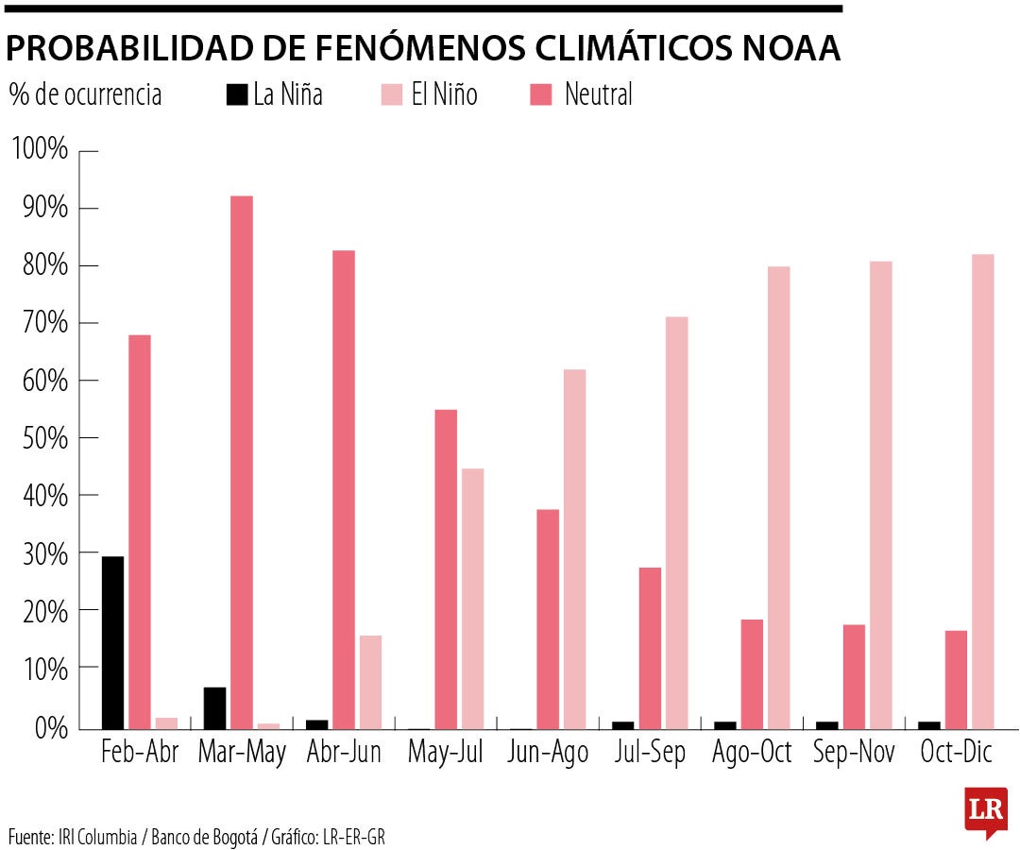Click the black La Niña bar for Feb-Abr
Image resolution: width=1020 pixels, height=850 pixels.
[x=112, y=642]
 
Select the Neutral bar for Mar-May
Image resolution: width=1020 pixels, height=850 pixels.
[x=242, y=463]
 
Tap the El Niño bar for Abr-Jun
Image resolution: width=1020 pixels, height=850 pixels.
[x=370, y=682]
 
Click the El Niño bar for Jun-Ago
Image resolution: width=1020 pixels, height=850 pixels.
[x=574, y=549]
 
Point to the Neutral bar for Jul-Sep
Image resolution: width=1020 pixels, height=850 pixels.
[x=650, y=648]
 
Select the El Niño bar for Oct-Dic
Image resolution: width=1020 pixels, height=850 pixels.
[x=982, y=491]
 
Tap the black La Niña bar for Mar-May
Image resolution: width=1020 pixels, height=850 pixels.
[x=214, y=707]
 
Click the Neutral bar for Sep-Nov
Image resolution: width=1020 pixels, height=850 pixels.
[x=854, y=676]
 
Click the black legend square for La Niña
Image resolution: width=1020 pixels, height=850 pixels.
[x=236, y=94]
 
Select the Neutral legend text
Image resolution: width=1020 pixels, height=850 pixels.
[x=598, y=94]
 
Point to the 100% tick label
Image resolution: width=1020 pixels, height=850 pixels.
[x=40, y=150]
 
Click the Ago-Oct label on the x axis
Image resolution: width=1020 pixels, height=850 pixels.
[x=751, y=753]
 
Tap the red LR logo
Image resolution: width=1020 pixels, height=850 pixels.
[x=985, y=810]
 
